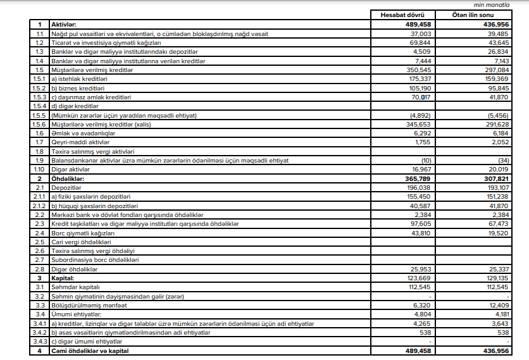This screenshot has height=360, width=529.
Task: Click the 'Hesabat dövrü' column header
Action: click(398, 15)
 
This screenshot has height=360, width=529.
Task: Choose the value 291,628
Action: click(498, 125)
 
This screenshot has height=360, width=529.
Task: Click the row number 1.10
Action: click(39, 170)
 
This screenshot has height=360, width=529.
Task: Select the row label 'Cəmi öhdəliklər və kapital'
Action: click(91, 351)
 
